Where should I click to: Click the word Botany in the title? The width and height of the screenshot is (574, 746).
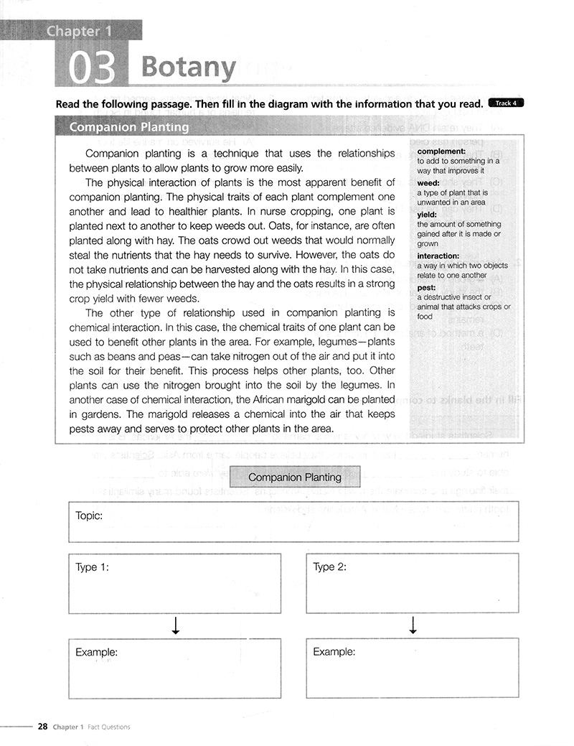[x=188, y=67]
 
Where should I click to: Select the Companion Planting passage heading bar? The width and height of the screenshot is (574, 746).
[x=129, y=127]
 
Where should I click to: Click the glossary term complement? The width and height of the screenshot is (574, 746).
[x=441, y=151]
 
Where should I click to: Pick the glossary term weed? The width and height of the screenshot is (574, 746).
[x=428, y=183]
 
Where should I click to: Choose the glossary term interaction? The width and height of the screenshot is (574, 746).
[x=438, y=256]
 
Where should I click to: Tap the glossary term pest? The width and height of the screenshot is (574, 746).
[x=426, y=288]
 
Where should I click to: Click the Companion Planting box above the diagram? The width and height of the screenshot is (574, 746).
[x=294, y=477]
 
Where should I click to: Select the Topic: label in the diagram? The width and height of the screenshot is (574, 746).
[x=89, y=516]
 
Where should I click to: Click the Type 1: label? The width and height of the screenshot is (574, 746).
[x=92, y=567]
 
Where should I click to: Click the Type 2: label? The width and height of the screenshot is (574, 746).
[x=330, y=567]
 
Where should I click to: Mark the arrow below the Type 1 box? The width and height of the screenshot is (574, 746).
[x=175, y=626]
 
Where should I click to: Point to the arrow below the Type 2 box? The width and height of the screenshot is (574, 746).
[x=413, y=626]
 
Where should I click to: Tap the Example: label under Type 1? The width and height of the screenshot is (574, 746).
[x=96, y=652]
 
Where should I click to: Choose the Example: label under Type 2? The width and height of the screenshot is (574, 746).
[x=334, y=652]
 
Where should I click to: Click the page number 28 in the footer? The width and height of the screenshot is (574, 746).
[x=42, y=727]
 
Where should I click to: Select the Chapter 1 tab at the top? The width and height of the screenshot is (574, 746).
[x=73, y=31]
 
